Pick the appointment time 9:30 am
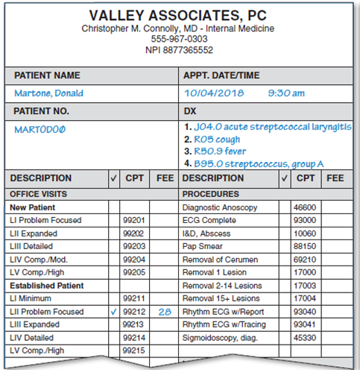click(x=286, y=93)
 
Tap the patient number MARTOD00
click(x=41, y=129)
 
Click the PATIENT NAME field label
click(x=47, y=75)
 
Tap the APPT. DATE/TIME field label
click(x=221, y=75)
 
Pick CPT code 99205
click(x=134, y=272)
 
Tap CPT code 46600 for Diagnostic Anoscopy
click(x=305, y=207)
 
